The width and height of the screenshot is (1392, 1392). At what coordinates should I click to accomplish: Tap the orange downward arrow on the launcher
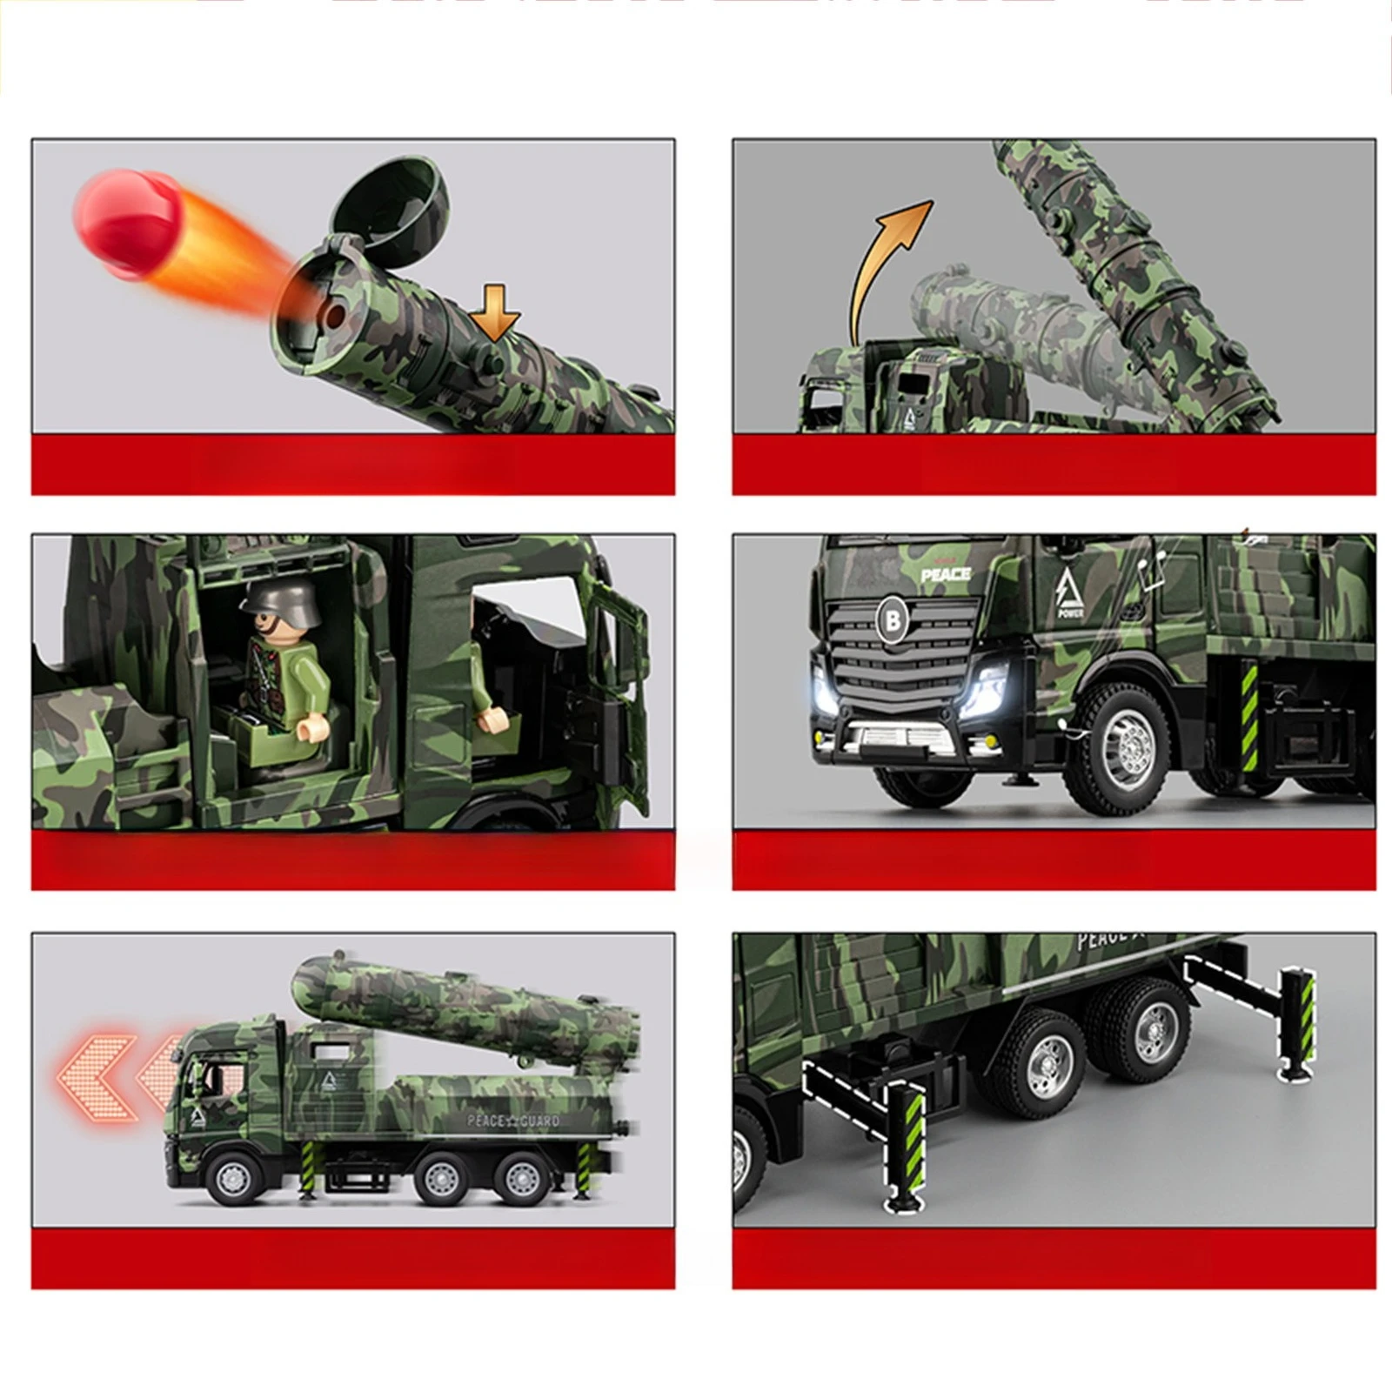click(x=496, y=314)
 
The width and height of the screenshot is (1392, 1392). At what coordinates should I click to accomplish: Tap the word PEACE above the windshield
click(x=946, y=574)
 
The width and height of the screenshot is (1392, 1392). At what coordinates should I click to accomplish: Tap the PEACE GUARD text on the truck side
click(x=512, y=1121)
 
